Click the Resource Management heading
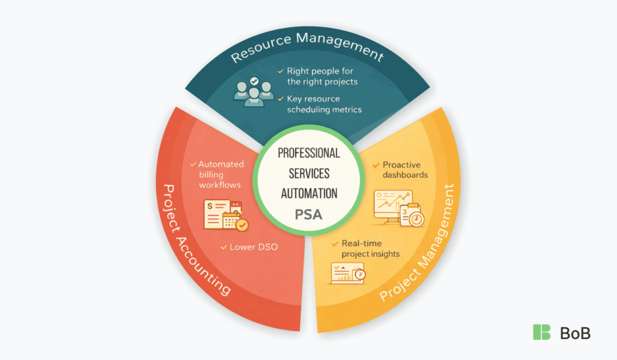click(307, 48)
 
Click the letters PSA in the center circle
click(308, 213)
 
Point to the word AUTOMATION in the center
click(308, 194)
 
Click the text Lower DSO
click(254, 247)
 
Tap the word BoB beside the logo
click(575, 332)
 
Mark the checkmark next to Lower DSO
click(224, 247)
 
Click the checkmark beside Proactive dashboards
click(377, 165)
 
